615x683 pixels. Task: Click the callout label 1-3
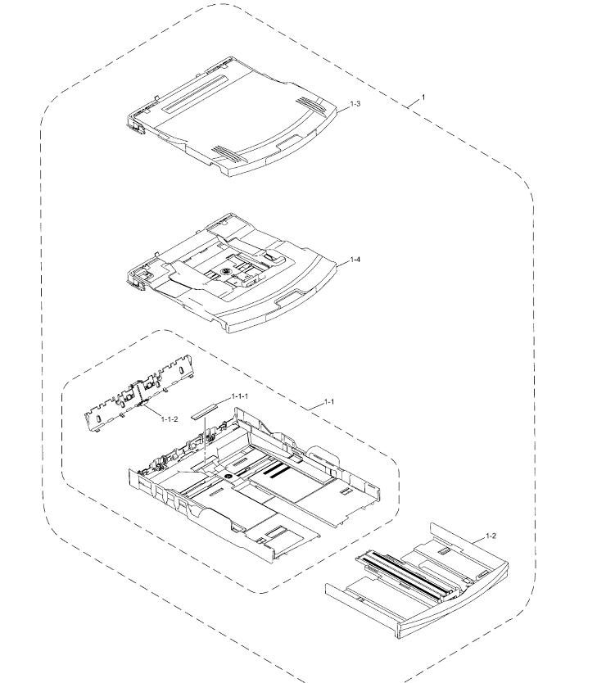click(355, 104)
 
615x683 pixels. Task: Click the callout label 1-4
click(355, 260)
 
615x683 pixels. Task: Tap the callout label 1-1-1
click(240, 396)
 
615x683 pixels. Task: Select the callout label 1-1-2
click(170, 419)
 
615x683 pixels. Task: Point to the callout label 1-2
click(491, 536)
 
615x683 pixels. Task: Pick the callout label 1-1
click(329, 401)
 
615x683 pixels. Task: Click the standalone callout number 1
click(423, 97)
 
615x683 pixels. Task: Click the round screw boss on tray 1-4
click(226, 271)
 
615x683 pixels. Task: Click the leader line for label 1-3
click(344, 107)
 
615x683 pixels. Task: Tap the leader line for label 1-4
click(344, 262)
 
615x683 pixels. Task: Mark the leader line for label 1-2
click(479, 540)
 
